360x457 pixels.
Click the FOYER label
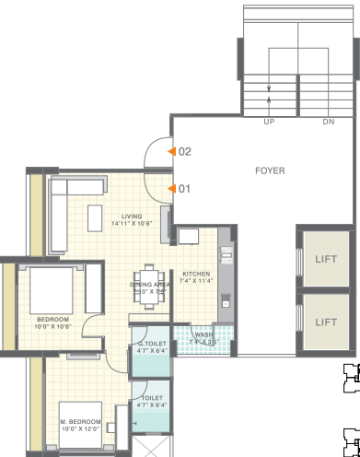tap(270, 170)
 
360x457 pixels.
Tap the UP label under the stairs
tap(269, 121)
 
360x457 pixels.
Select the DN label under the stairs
tap(329, 121)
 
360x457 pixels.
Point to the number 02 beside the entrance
tap(184, 151)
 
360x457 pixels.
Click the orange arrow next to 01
tap(170, 189)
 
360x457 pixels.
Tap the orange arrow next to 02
tap(170, 151)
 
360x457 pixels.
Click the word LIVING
tap(132, 216)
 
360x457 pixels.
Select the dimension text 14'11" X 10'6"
tap(132, 224)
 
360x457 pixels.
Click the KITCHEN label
tap(197, 274)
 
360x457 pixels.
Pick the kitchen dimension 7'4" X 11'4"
tap(197, 282)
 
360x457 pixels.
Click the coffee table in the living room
tap(95, 217)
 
